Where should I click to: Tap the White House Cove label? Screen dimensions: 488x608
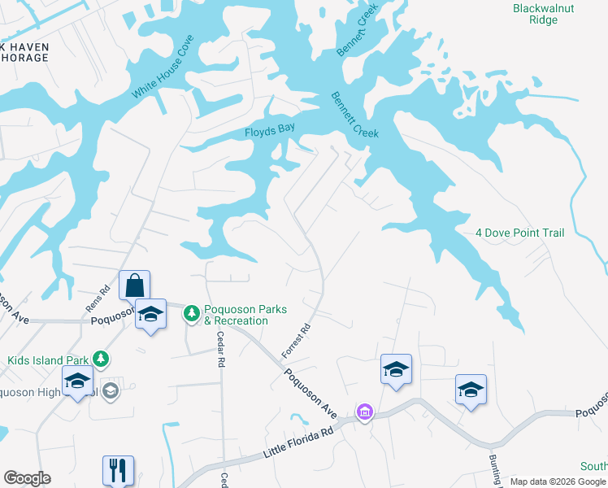pos(163,68)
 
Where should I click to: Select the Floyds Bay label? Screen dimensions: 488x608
pos(269,131)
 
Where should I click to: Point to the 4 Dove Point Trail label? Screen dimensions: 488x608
pos(519,233)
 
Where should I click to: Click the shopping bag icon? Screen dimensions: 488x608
pos(134,286)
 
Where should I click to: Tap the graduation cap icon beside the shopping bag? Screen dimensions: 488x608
pos(150,314)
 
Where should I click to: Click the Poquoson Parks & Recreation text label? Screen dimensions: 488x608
pos(236,316)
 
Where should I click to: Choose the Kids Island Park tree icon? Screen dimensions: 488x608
pos(100,358)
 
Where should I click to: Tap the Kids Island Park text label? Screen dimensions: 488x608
pos(49,359)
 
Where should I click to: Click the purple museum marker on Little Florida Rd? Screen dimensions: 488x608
pos(365,412)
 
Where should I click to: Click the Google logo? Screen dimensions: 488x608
pos(27,478)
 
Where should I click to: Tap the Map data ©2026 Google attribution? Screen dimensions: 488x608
pos(557,481)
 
